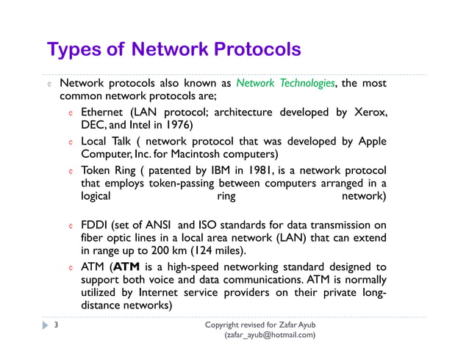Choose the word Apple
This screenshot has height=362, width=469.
click(370, 141)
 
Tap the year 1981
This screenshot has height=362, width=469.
click(260, 170)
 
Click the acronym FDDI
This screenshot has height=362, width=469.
click(95, 225)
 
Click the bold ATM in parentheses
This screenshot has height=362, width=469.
click(126, 266)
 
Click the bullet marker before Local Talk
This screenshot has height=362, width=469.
click(71, 142)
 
